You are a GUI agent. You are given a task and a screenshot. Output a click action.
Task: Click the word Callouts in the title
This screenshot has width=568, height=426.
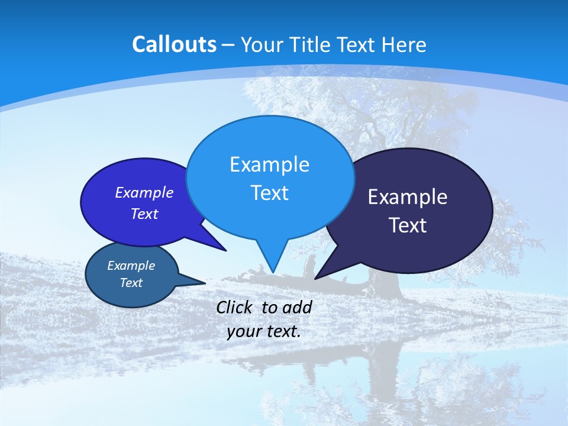[174, 44]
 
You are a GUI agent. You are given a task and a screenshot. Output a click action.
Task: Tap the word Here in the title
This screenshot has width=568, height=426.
[404, 44]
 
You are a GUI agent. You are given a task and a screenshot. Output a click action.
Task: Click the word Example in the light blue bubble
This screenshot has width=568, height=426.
[269, 164]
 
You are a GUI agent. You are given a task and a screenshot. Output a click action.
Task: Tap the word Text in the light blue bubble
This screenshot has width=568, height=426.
[269, 193]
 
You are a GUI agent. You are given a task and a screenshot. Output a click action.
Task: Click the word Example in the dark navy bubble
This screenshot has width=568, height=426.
[408, 197]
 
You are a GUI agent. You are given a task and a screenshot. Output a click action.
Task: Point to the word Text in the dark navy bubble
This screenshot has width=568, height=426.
[408, 225]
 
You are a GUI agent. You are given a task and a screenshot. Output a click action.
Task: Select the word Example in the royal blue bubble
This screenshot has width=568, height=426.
[144, 193]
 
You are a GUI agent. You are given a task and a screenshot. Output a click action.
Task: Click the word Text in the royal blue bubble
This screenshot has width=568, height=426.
[144, 214]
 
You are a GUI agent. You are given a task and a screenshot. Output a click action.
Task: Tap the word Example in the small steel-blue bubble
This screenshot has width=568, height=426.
[131, 266]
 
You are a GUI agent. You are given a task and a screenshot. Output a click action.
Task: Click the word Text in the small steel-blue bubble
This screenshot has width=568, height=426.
[131, 283]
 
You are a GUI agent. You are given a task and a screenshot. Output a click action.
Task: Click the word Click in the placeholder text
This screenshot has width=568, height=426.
[235, 307]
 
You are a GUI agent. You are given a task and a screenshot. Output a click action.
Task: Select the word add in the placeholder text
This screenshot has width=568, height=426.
[297, 307]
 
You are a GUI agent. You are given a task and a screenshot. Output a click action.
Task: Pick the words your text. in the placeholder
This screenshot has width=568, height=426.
[264, 331]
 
